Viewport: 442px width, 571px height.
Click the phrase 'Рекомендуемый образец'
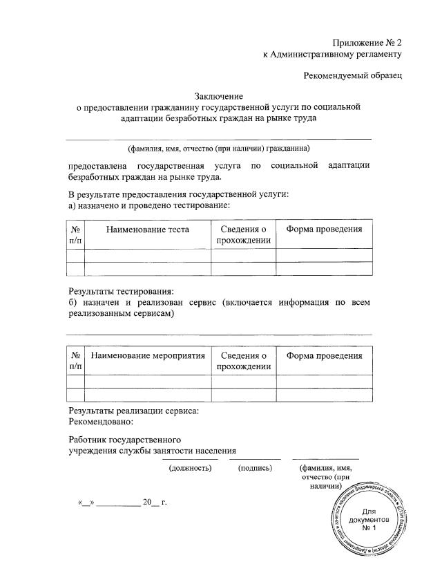[353, 74]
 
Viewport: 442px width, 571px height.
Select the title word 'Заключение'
[220, 96]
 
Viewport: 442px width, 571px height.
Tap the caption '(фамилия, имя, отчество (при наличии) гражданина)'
[218, 148]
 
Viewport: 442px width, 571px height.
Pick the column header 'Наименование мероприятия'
[148, 355]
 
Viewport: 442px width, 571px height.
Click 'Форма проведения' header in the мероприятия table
[324, 355]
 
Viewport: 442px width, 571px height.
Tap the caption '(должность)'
[190, 468]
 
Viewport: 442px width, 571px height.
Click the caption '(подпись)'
[255, 468]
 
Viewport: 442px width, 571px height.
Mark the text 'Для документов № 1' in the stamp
[368, 519]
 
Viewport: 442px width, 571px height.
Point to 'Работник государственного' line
[124, 439]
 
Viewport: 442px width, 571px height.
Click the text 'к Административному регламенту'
[332, 53]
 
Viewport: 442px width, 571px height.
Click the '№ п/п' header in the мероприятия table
[75, 361]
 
